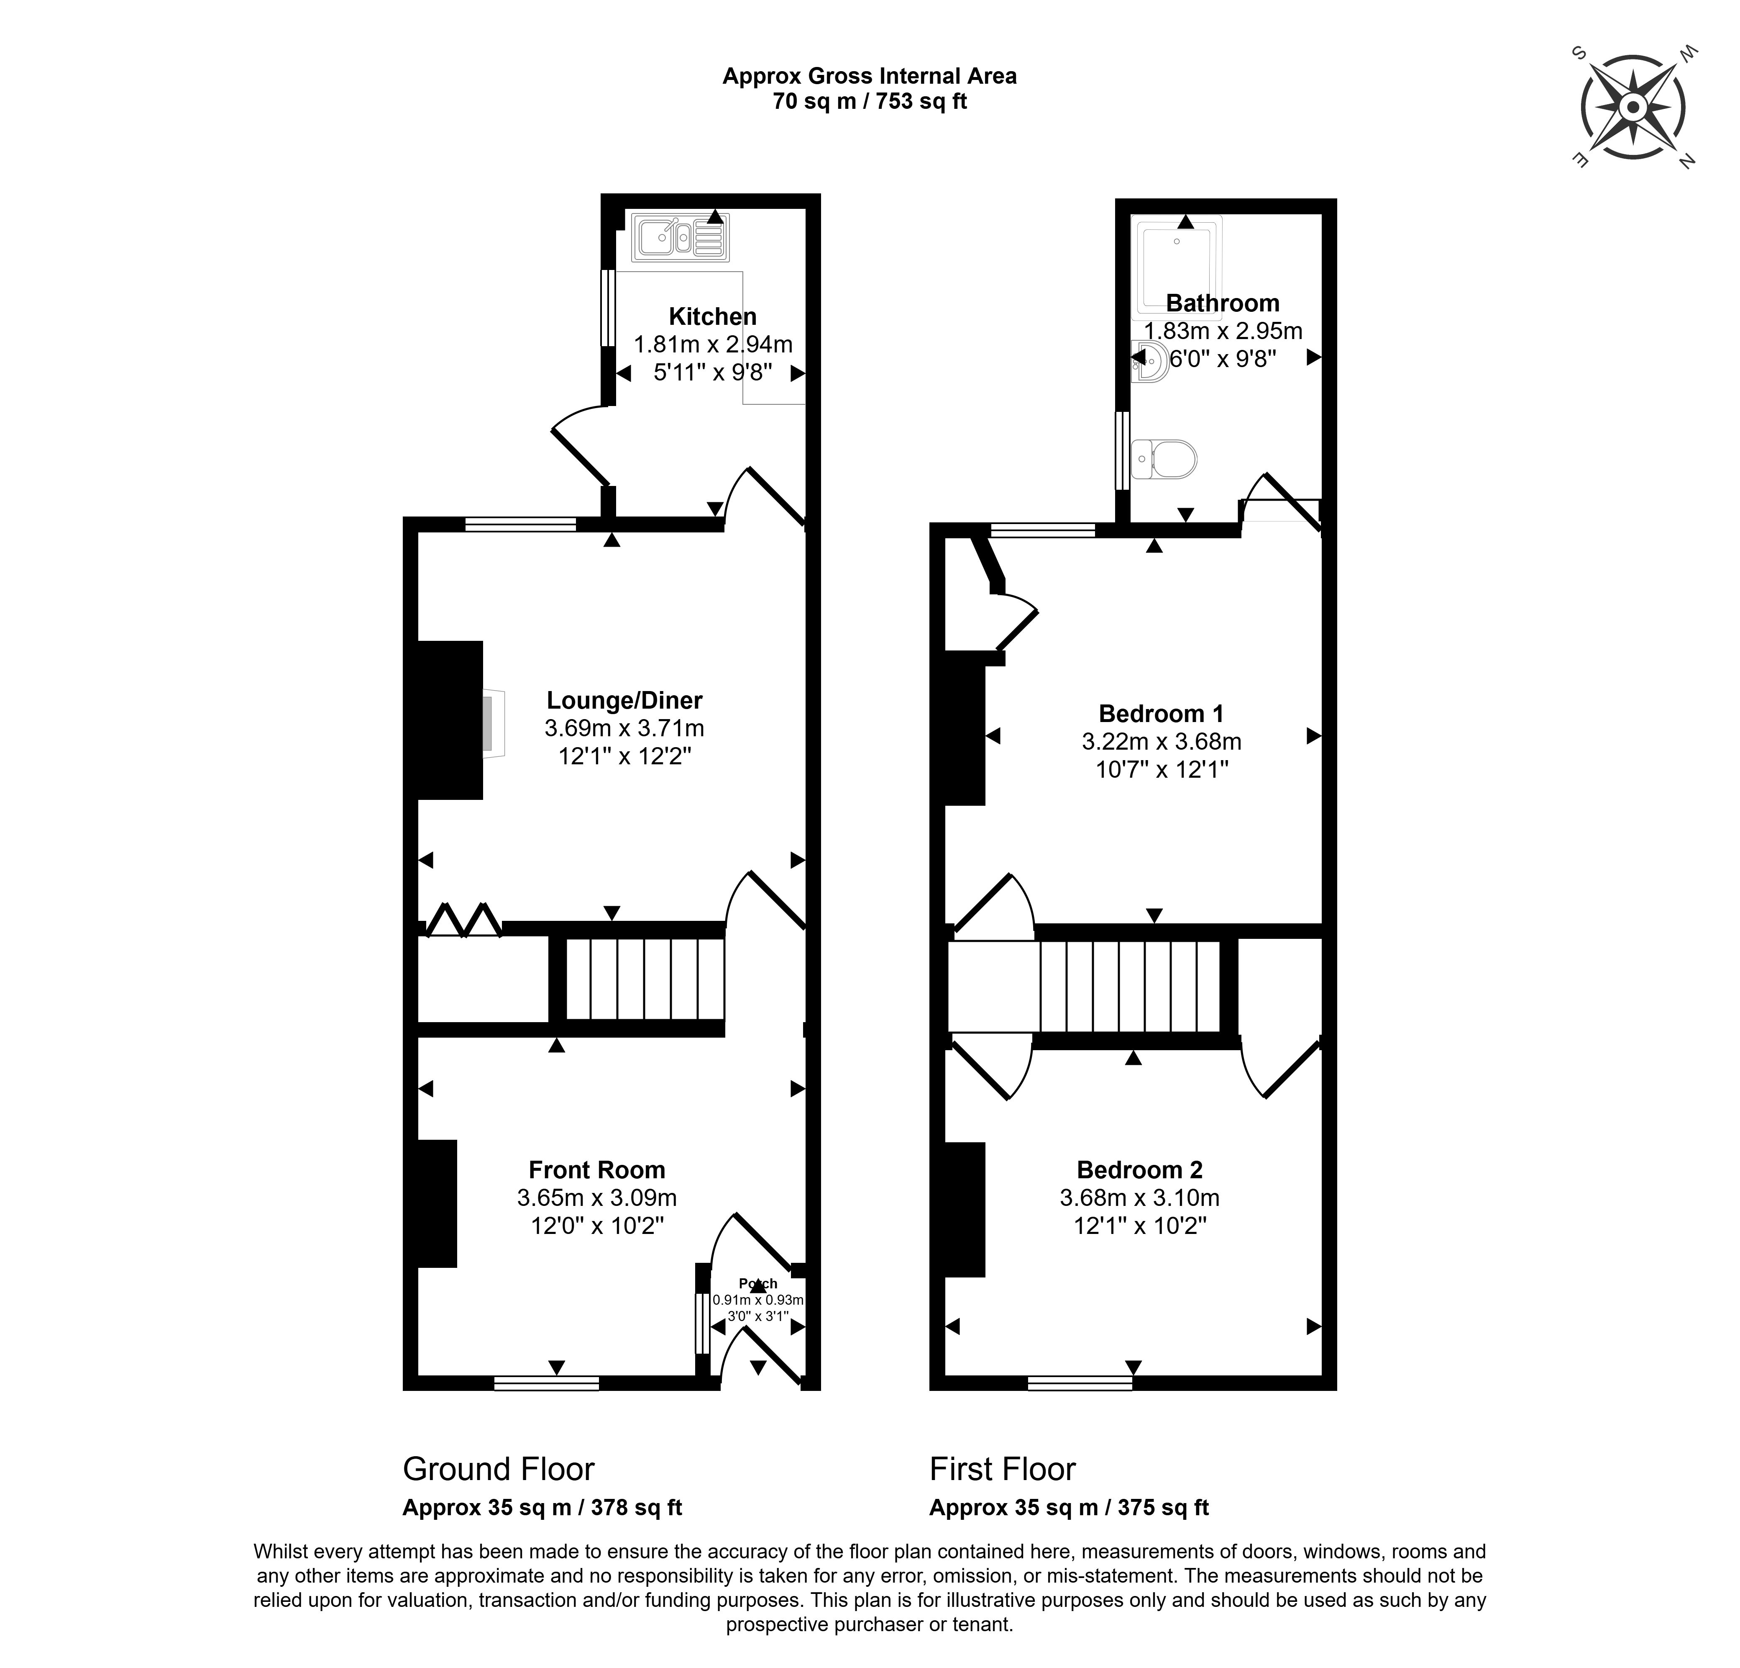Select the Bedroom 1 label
1161,713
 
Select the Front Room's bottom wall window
547,1383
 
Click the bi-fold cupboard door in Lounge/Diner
463,921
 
